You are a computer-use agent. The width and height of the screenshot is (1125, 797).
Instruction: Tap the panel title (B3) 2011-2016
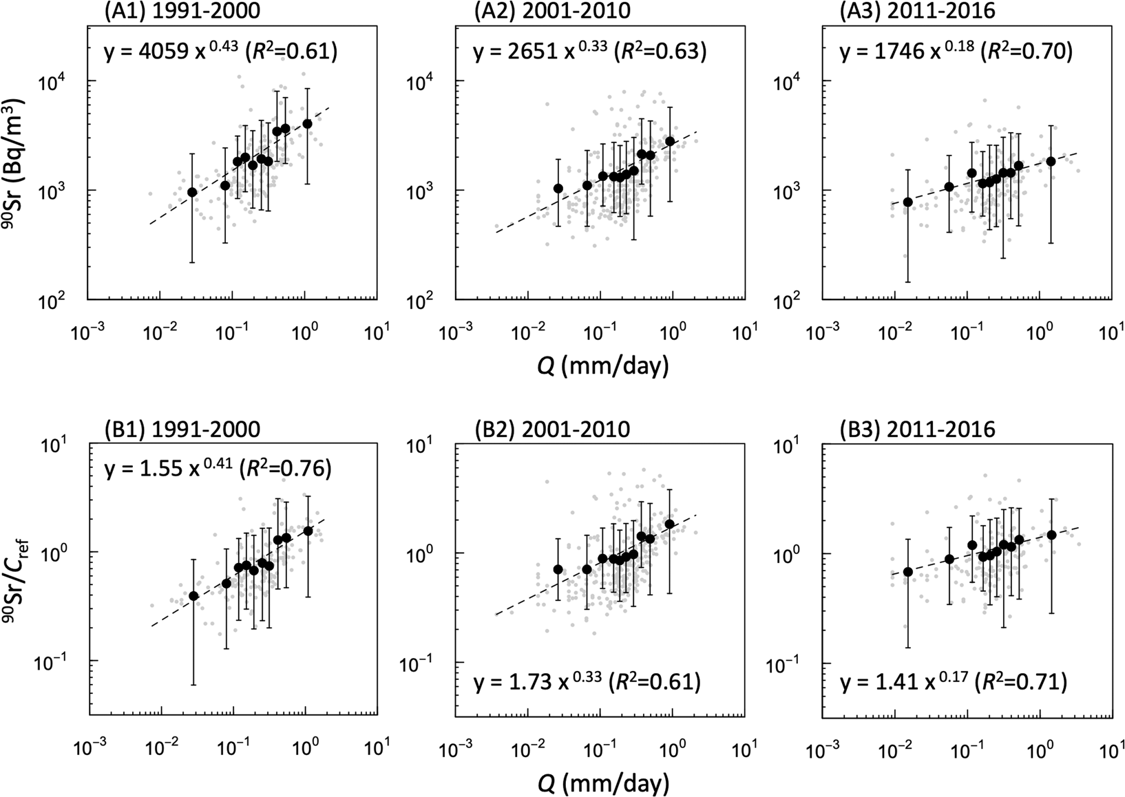917,429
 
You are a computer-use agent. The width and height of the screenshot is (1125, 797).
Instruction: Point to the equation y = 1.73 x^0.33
538,683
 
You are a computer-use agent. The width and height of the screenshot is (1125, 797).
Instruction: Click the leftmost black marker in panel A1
193,192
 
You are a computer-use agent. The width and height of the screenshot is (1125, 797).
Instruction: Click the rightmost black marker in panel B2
669,524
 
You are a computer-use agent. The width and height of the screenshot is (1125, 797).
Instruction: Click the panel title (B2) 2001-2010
551,429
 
